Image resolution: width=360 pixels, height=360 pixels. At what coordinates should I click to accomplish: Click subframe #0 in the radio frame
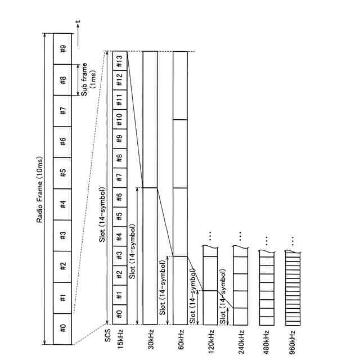click(63, 327)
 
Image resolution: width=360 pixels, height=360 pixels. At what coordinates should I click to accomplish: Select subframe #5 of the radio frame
click(63, 172)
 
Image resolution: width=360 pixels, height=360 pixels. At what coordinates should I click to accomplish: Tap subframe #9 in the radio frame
click(63, 49)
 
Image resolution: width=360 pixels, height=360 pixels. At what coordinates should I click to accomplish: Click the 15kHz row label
click(120, 343)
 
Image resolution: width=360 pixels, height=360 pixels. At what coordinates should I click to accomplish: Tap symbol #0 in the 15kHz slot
click(120, 314)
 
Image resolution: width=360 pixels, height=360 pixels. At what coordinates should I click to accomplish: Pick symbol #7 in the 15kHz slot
click(120, 178)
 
